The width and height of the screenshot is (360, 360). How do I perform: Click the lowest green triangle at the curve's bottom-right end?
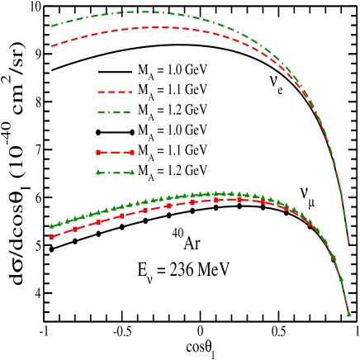point(348,314)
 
